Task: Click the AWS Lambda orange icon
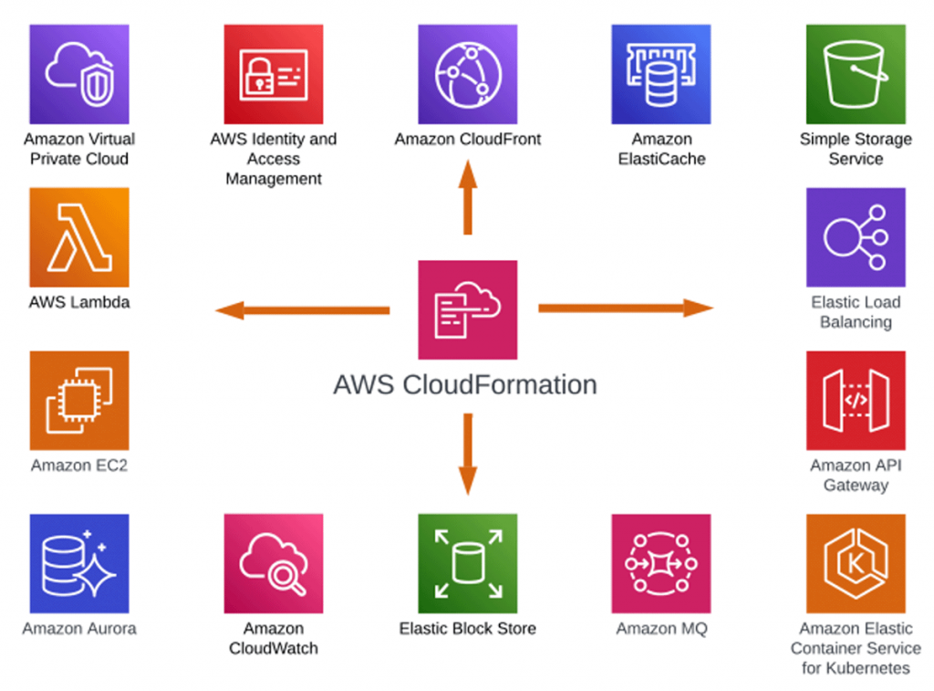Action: click(x=79, y=237)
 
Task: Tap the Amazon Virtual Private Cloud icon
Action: click(x=79, y=74)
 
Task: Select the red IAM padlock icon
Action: click(x=274, y=74)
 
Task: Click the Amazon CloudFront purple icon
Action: click(x=467, y=74)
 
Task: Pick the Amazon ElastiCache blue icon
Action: click(x=661, y=74)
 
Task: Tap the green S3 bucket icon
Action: click(x=856, y=74)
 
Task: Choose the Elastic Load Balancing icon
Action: click(x=856, y=237)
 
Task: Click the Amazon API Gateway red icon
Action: click(x=856, y=401)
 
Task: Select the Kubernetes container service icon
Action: click(x=856, y=563)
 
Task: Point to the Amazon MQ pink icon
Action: click(x=661, y=563)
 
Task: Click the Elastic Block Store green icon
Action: click(x=467, y=563)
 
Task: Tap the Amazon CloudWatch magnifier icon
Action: click(x=274, y=563)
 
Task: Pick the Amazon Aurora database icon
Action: click(x=79, y=563)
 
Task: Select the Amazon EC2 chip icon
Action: click(x=79, y=401)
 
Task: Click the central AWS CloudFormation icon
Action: click(x=467, y=309)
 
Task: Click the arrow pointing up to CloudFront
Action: click(x=467, y=197)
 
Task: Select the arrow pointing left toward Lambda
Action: click(x=301, y=310)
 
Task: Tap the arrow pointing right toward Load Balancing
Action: click(x=626, y=309)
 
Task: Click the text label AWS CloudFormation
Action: click(x=465, y=384)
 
